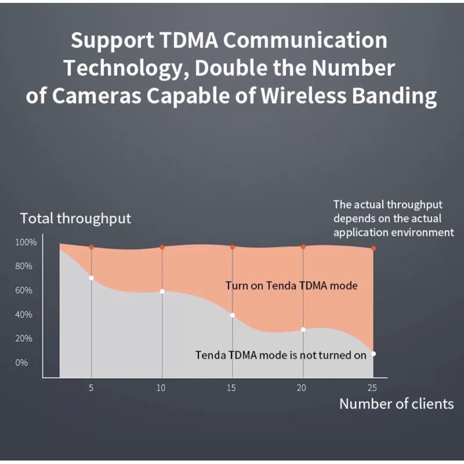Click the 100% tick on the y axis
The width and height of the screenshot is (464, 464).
(x=26, y=242)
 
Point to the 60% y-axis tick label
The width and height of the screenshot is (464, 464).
(x=24, y=291)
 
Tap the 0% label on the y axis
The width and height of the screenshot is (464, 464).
(x=21, y=363)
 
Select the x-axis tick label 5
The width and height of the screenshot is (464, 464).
(x=91, y=388)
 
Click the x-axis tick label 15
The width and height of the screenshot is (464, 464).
(x=232, y=388)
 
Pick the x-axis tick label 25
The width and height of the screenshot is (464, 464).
(x=373, y=388)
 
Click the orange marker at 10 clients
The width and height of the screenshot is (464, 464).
(x=162, y=247)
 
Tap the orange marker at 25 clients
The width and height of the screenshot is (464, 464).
(x=374, y=248)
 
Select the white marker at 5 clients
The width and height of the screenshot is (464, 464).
(x=91, y=278)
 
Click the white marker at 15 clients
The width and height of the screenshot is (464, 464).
(x=233, y=316)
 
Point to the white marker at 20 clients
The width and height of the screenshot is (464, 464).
(x=303, y=329)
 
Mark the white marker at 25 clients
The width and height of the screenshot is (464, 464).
(x=374, y=354)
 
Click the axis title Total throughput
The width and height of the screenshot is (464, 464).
(x=75, y=219)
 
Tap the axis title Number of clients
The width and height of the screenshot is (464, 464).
(x=396, y=404)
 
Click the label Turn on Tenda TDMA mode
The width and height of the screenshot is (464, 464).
(x=291, y=285)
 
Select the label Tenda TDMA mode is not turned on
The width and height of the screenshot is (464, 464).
(x=281, y=355)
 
